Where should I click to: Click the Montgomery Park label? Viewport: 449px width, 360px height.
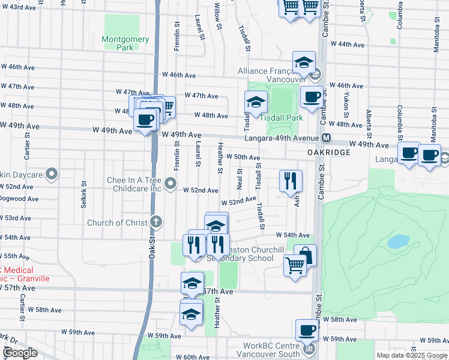tap(125, 43)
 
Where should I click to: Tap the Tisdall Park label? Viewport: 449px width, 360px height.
tap(285, 118)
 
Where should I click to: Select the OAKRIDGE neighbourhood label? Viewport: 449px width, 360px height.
tap(328, 153)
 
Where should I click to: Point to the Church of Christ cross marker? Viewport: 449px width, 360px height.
tap(156, 223)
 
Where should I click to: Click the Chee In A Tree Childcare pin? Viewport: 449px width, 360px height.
tap(170, 183)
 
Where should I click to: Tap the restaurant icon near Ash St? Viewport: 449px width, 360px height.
tap(291, 180)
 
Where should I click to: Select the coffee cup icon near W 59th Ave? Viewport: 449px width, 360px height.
tap(307, 330)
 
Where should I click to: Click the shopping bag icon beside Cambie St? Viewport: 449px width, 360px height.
tap(305, 255)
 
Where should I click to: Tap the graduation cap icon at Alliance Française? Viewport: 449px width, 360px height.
tap(304, 62)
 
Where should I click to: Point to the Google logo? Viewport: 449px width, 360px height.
tap(20, 353)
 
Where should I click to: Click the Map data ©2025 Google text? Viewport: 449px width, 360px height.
tap(412, 355)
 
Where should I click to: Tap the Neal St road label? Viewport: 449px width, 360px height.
tap(240, 178)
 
